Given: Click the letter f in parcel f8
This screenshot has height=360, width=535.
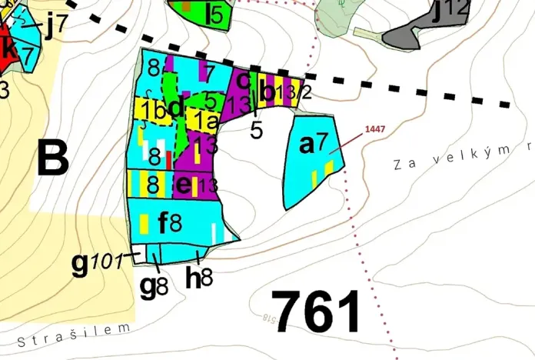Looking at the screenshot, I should tap(164, 224).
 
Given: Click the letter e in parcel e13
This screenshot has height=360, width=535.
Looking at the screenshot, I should tap(183, 185).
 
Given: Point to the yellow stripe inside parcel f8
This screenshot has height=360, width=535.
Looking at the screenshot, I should tap(145, 224).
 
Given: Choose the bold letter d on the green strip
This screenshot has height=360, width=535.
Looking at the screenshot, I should tap(176, 107).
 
